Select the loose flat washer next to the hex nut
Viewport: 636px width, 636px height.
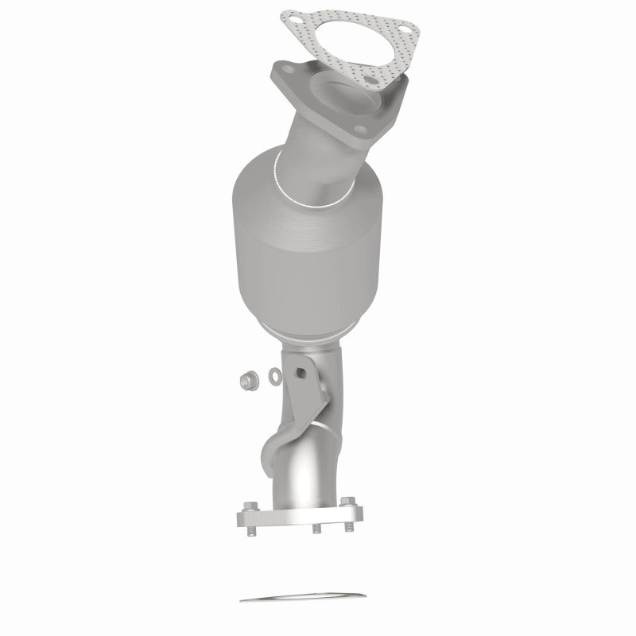[271, 374]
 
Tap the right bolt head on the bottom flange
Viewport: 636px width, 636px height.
[349, 503]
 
